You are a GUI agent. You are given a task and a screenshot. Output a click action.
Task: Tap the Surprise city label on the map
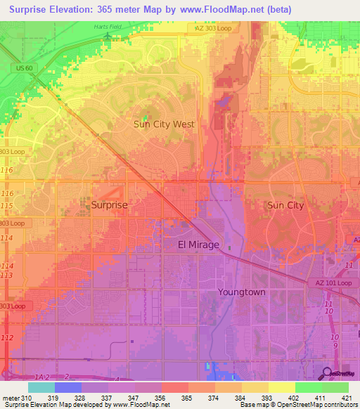(109, 205)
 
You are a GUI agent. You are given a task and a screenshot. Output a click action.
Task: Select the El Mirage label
(198, 245)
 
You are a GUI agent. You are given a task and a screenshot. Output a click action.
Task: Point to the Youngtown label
(241, 291)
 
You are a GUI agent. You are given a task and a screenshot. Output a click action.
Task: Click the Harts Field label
(107, 27)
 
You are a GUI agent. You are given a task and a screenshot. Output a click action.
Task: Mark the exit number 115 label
(7, 204)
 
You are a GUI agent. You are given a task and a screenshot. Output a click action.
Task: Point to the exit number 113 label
(7, 275)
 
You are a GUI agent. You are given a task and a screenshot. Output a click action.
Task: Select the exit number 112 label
(7, 338)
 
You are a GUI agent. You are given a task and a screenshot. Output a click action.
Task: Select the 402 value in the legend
(282, 398)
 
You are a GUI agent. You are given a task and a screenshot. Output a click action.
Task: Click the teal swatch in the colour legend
(41, 387)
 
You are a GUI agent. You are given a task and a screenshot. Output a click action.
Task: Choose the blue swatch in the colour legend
(67, 387)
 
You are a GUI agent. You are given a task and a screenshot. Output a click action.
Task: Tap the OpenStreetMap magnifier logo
(328, 372)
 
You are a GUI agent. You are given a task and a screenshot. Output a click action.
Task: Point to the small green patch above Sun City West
(146, 117)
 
